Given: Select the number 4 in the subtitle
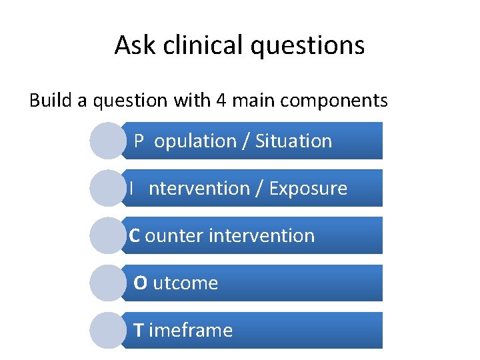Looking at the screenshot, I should (x=221, y=100).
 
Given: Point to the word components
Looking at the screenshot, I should (x=334, y=101).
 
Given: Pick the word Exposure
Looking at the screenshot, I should (x=308, y=189).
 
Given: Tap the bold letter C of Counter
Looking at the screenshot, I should (x=134, y=235).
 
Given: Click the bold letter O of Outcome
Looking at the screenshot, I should (x=140, y=283).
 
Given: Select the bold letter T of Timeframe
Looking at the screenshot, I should (x=139, y=330).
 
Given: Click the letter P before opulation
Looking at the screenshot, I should (x=139, y=141).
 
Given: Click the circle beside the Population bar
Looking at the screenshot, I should (x=107, y=141).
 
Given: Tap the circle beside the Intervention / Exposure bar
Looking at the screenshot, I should (x=107, y=188).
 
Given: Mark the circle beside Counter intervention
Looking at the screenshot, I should (x=107, y=235).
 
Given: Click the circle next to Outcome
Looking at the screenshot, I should (x=107, y=283).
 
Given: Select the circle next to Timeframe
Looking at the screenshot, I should (x=107, y=330).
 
